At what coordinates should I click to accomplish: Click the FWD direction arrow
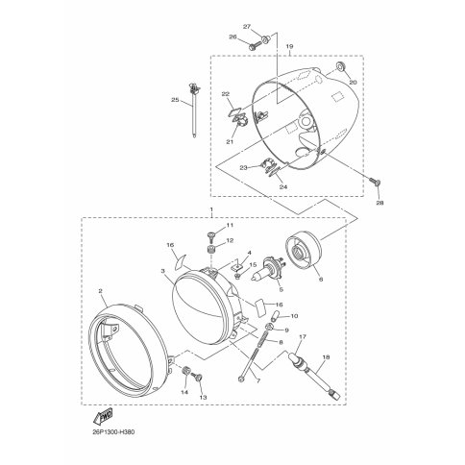tap(103, 417)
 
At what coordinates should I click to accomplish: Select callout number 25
tap(175, 100)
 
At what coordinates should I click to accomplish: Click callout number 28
tap(379, 203)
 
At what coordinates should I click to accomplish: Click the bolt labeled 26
tap(255, 46)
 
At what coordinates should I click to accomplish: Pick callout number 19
tap(289, 47)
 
